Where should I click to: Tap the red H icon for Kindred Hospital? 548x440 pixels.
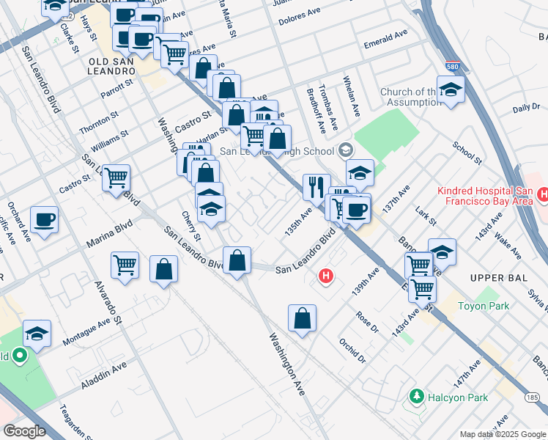click(542, 194)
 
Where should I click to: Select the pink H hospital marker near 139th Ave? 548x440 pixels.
click(327, 276)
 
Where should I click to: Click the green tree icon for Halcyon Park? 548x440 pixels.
click(417, 397)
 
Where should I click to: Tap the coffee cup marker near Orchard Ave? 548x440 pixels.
click(44, 219)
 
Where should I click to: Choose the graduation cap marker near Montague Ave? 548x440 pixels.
click(37, 334)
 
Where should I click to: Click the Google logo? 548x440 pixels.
click(23, 430)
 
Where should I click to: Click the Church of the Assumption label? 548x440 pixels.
click(411, 97)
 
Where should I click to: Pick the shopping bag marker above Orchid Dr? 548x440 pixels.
click(302, 318)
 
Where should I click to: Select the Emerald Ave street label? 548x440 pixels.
click(385, 40)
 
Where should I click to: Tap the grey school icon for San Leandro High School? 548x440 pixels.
click(345, 150)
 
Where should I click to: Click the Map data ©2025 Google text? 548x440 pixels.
click(501, 434)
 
